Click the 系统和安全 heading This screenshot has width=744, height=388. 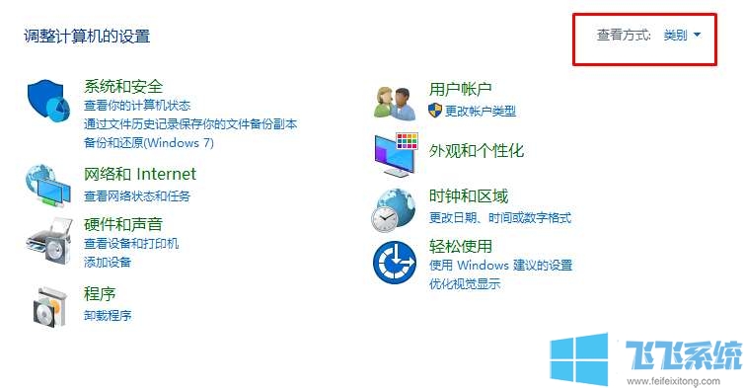coord(123,87)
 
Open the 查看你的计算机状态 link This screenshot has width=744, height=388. coord(137,106)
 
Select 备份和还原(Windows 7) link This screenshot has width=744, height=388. coord(148,143)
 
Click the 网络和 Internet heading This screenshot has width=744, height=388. coord(140,175)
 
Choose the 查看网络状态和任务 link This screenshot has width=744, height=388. coord(137,196)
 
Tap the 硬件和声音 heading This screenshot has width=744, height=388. coord(123,224)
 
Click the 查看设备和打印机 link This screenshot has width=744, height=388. coord(131,244)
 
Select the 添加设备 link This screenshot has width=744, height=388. coord(108,263)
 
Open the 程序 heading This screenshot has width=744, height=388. coord(100,294)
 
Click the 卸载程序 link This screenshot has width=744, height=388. coord(108,316)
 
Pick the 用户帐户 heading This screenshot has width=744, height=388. coord(460,90)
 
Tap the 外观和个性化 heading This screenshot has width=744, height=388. coord(476,151)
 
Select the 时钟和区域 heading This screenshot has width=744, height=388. coord(468,196)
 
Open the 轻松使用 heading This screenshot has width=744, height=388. coord(460,246)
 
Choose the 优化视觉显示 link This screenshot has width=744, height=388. coord(465,284)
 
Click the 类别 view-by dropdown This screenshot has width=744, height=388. coord(682,36)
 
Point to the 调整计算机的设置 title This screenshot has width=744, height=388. coord(87,37)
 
